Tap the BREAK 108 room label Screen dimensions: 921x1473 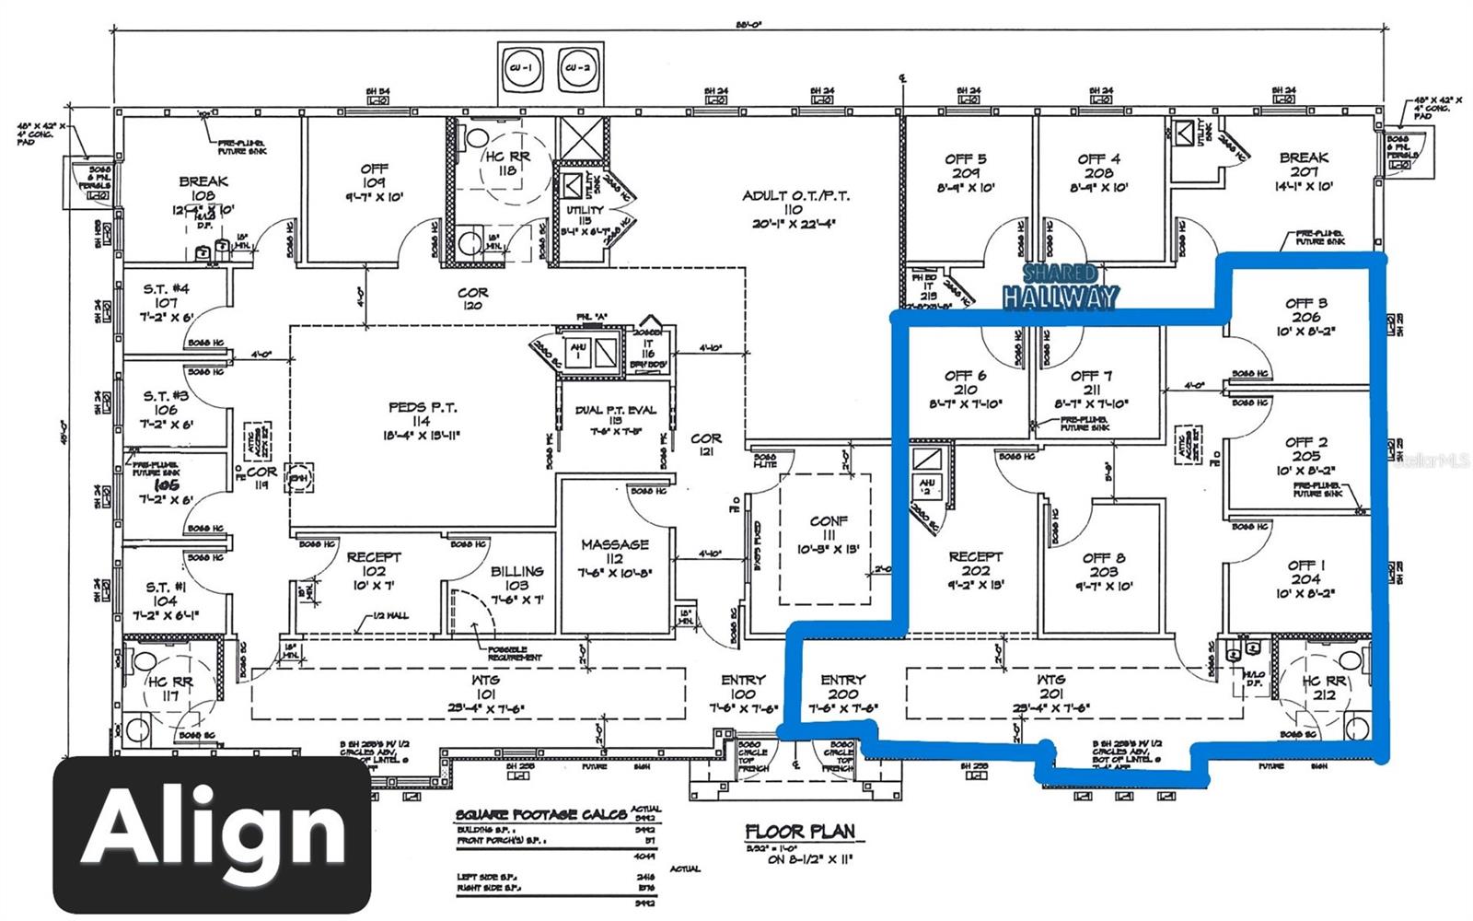[x=203, y=189]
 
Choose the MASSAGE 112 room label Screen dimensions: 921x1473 [x=614, y=551]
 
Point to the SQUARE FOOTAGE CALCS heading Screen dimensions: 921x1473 [x=542, y=815]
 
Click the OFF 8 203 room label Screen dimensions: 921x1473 [x=1103, y=571]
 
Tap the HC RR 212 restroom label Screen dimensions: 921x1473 [x=1324, y=687]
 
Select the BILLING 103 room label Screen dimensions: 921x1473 [x=516, y=578]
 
